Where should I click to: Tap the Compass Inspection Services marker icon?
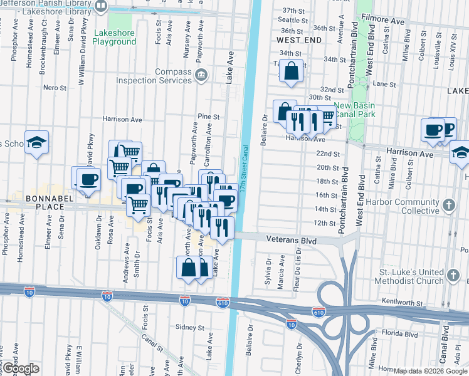(x=201, y=76)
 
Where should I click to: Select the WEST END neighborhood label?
(x=298, y=40)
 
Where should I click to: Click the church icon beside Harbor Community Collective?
(x=449, y=205)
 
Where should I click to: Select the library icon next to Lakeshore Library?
(x=101, y=7)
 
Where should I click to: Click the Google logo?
(x=20, y=369)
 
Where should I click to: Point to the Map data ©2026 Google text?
(x=430, y=371)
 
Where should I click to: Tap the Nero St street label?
(x=55, y=87)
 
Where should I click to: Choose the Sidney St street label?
(x=190, y=328)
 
